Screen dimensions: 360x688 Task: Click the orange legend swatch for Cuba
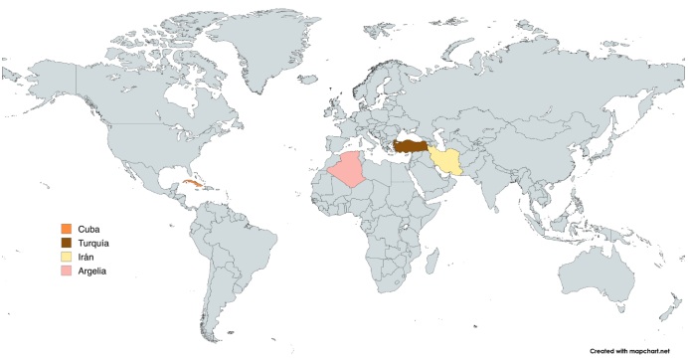pos(66,230)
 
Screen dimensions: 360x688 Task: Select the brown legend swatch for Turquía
pos(66,243)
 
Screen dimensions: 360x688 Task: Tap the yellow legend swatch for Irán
pos(66,257)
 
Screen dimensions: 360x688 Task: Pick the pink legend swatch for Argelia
pos(66,270)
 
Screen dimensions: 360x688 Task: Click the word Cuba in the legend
pos(87,230)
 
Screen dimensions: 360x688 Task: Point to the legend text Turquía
pos(93,243)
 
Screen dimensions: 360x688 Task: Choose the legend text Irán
pos(86,257)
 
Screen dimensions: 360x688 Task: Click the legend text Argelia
pos(91,270)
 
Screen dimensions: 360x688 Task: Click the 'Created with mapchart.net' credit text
pos(631,351)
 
